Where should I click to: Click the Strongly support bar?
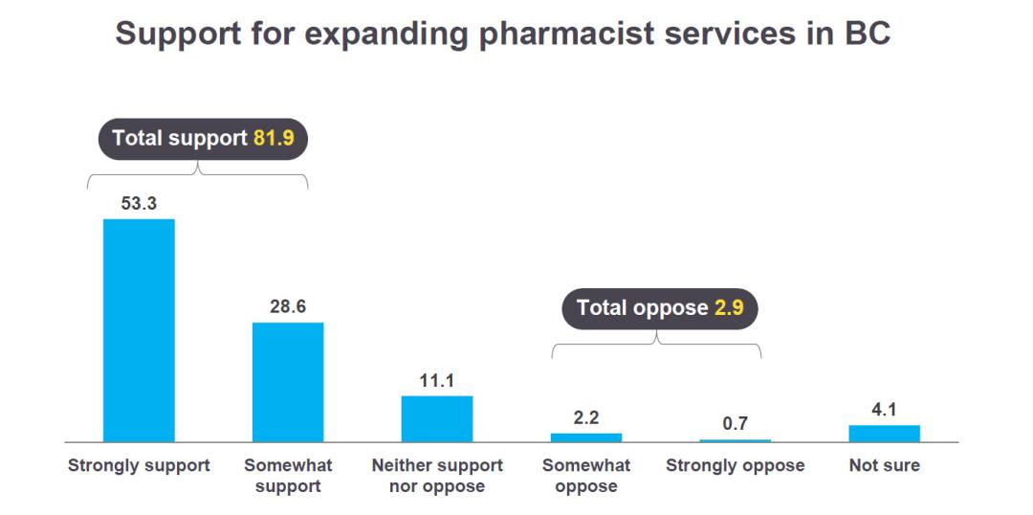coord(139,330)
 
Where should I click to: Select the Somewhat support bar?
coord(288,381)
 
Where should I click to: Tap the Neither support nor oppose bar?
coord(436,418)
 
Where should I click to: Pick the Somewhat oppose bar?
coord(585,437)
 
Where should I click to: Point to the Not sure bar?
coord(884,434)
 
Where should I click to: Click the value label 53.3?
coord(139,203)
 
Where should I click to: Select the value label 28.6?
coord(288,307)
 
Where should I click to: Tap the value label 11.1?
coord(436,380)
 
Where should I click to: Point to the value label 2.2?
coord(585,417)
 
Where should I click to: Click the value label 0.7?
coord(735,423)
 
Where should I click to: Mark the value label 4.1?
coord(884,411)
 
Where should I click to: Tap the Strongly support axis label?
coord(139,466)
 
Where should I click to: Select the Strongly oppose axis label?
coord(735,466)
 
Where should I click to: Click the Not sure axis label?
coord(884,466)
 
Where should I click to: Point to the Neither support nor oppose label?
coord(436,476)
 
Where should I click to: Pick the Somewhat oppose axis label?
coord(585,476)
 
